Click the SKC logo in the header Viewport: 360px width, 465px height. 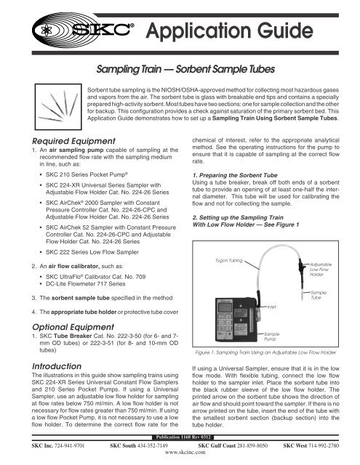pyautogui.click(x=105, y=33)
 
